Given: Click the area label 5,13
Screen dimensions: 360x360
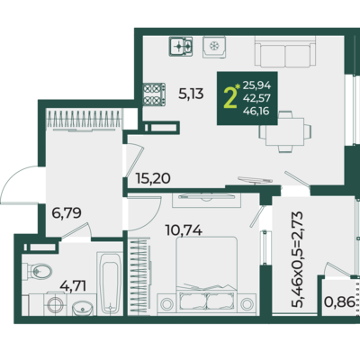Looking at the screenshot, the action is click(x=191, y=94).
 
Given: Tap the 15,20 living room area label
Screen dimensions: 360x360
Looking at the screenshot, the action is click(x=153, y=178).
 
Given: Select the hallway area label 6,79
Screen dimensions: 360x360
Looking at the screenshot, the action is click(x=67, y=213).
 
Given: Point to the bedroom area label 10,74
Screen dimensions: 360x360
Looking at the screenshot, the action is click(x=184, y=230).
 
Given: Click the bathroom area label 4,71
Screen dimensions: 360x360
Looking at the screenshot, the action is click(x=73, y=285).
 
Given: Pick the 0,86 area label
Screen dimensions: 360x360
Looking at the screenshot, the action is click(x=339, y=301).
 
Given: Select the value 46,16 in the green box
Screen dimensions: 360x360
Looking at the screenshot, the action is click(x=256, y=112).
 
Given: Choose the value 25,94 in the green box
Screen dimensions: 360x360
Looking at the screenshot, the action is click(x=256, y=86).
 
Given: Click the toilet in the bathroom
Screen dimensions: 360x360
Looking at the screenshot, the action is click(x=37, y=271).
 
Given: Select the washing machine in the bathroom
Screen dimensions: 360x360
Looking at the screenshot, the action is click(x=56, y=304).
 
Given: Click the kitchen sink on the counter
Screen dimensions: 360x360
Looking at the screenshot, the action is click(x=214, y=47).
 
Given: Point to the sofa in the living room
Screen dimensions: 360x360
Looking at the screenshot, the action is click(x=285, y=51).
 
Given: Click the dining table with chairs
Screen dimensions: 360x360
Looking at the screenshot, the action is click(x=285, y=131).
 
